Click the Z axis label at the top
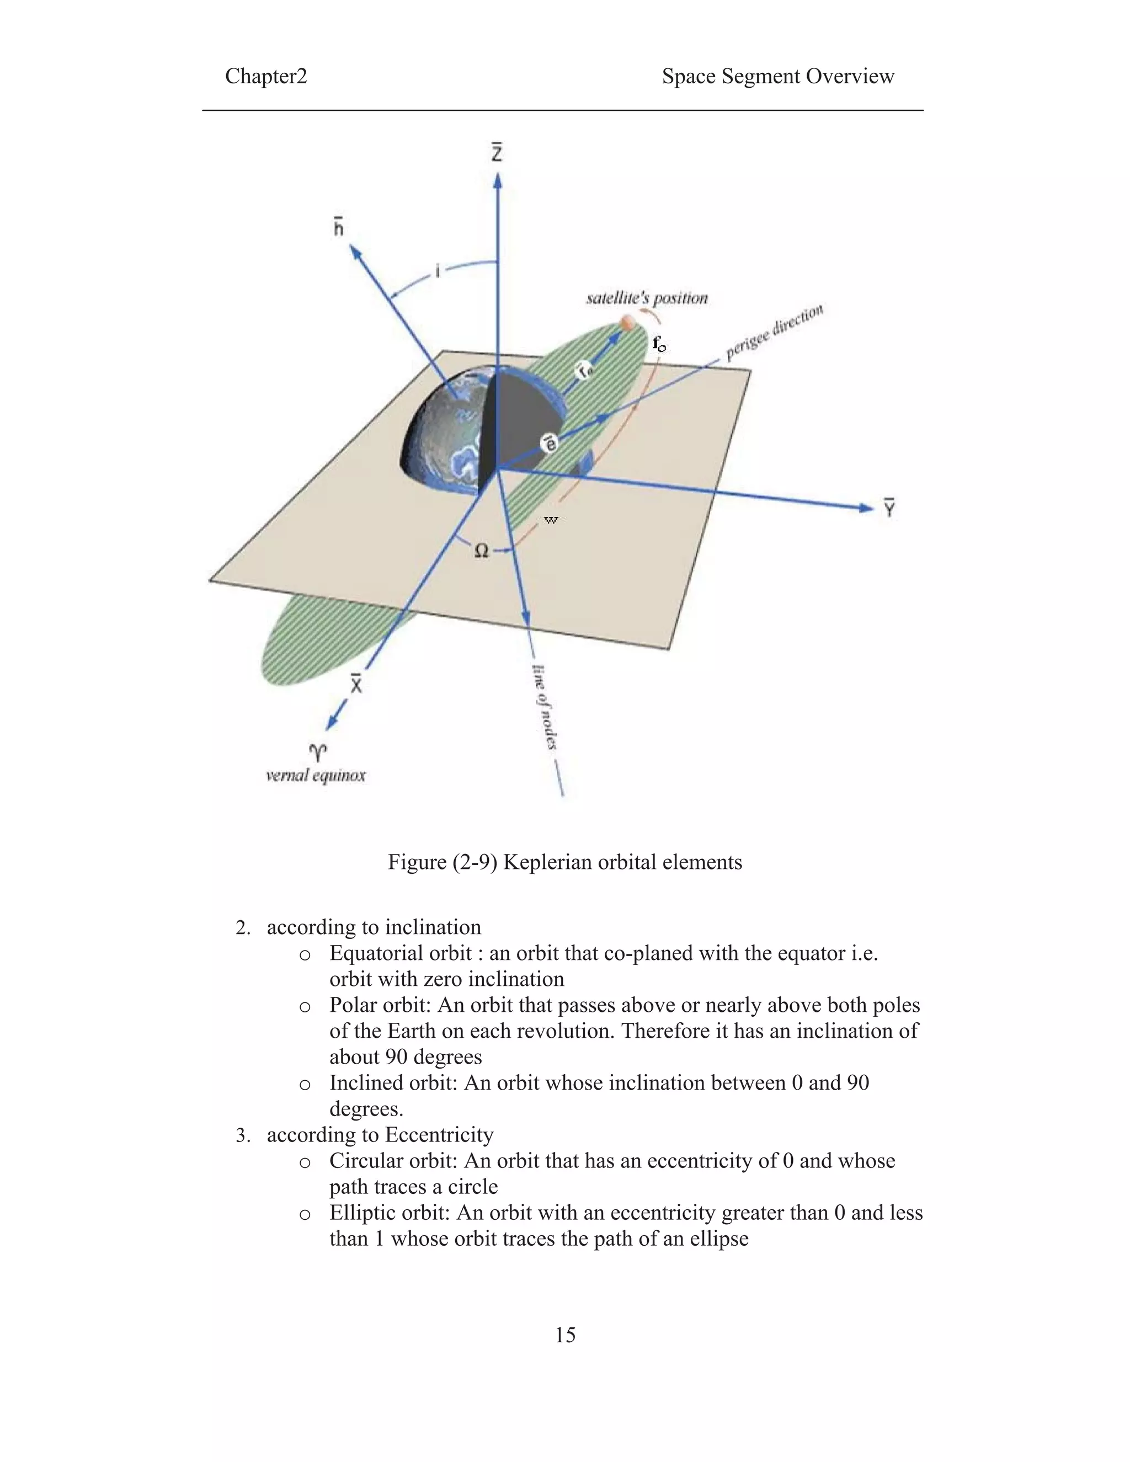[x=497, y=153]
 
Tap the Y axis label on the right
[x=889, y=508]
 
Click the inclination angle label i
[x=437, y=271]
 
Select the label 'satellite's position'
[x=647, y=298]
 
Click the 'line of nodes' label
[x=546, y=706]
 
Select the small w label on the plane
[x=550, y=520]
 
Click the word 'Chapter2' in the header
[x=266, y=76]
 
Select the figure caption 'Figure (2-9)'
[x=442, y=862]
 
